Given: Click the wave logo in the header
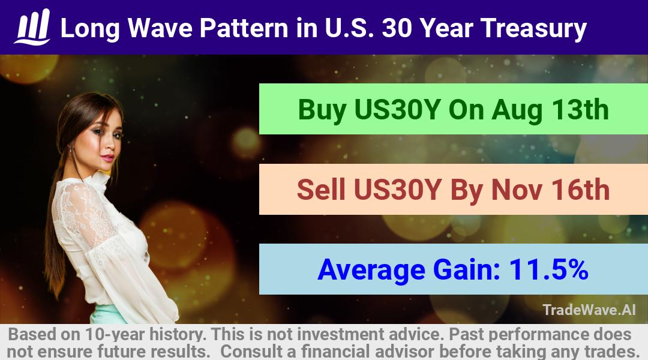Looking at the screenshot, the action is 32,27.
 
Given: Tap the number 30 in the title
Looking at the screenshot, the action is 397,28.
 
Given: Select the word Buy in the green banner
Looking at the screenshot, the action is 322,110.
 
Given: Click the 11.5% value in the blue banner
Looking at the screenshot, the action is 548,269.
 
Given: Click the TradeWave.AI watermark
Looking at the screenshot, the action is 589,310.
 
